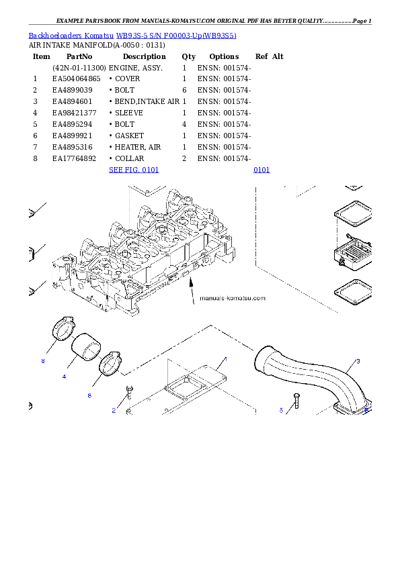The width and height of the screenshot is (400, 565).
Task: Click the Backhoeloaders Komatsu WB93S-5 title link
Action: [x=132, y=35]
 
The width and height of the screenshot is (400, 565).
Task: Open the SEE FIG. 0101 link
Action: [x=134, y=170]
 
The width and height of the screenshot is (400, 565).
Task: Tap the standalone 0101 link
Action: [x=262, y=170]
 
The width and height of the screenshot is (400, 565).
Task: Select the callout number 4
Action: [x=64, y=376]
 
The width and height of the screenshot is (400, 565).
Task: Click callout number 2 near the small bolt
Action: [x=114, y=410]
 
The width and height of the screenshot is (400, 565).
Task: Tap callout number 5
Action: [x=281, y=410]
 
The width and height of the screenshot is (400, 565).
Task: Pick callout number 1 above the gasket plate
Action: [x=225, y=359]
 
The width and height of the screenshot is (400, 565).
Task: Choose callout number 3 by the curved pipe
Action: [x=358, y=361]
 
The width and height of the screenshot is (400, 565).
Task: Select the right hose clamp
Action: [x=110, y=364]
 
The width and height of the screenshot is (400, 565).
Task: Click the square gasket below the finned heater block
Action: [x=352, y=293]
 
